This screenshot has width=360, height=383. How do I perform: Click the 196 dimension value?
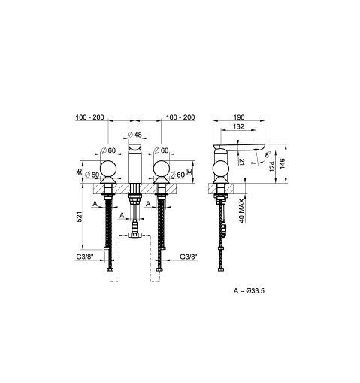239,117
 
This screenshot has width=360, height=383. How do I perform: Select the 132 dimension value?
238,126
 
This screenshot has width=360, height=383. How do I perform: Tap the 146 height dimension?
283,163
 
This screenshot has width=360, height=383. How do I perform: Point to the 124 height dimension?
272,166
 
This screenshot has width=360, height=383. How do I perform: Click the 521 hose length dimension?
79,217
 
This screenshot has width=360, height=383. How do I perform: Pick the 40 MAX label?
241,211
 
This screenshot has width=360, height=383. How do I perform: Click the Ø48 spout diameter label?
135,135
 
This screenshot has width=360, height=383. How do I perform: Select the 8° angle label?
268,154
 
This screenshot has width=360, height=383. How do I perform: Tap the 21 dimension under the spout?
242,161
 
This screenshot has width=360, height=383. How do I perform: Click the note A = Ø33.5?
249,291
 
